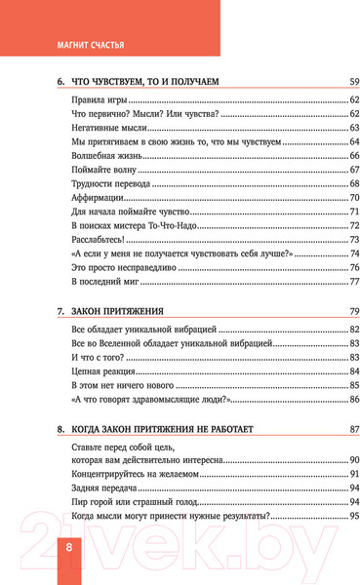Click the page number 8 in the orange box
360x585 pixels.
70,549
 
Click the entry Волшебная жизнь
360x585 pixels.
105,156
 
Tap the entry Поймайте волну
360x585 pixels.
101,170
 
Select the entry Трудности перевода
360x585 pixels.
110,183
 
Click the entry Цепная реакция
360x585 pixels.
102,371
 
